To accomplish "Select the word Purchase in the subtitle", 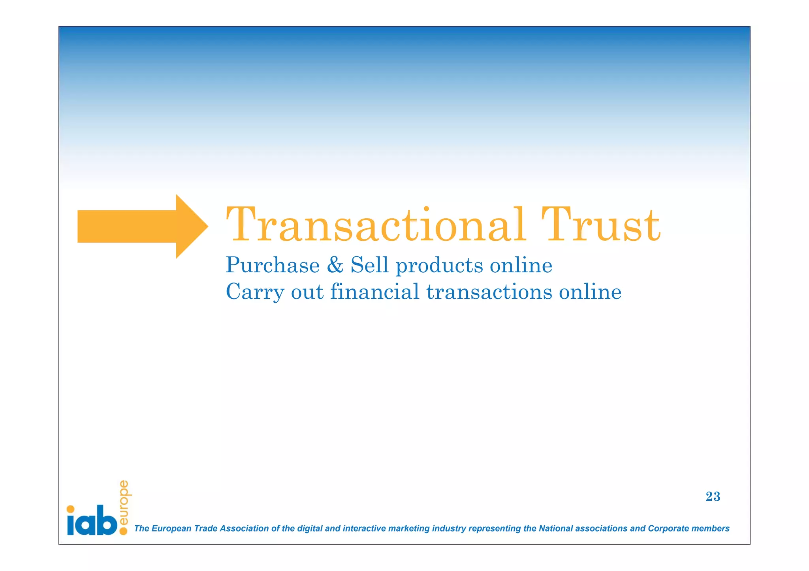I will [x=273, y=265].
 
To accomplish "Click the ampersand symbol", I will [x=335, y=265].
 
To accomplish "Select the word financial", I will [x=374, y=292].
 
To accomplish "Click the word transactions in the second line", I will [x=489, y=292].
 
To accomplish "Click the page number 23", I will [x=713, y=496].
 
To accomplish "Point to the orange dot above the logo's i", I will [x=71, y=509].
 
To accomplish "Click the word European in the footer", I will [x=171, y=529].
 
